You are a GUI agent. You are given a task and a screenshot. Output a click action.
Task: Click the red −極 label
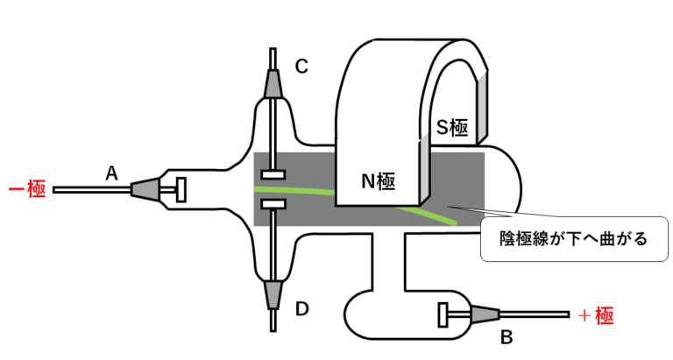coord(27,188)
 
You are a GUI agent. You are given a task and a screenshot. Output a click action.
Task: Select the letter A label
coord(111,173)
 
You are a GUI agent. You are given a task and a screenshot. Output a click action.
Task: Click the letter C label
coord(301,66)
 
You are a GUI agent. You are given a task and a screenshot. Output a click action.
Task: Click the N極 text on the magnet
coord(379,181)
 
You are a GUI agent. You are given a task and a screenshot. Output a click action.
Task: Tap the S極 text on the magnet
coord(452,127)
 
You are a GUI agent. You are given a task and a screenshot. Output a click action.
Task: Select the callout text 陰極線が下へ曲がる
coord(570,237)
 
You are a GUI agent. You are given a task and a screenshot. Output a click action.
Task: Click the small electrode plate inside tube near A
coord(181,188)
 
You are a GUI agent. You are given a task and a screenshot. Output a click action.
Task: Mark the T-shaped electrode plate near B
coord(443,312)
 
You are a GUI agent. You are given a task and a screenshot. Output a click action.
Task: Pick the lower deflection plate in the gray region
coord(273,204)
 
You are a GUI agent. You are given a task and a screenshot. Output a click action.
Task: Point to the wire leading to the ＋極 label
coord(535,312)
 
